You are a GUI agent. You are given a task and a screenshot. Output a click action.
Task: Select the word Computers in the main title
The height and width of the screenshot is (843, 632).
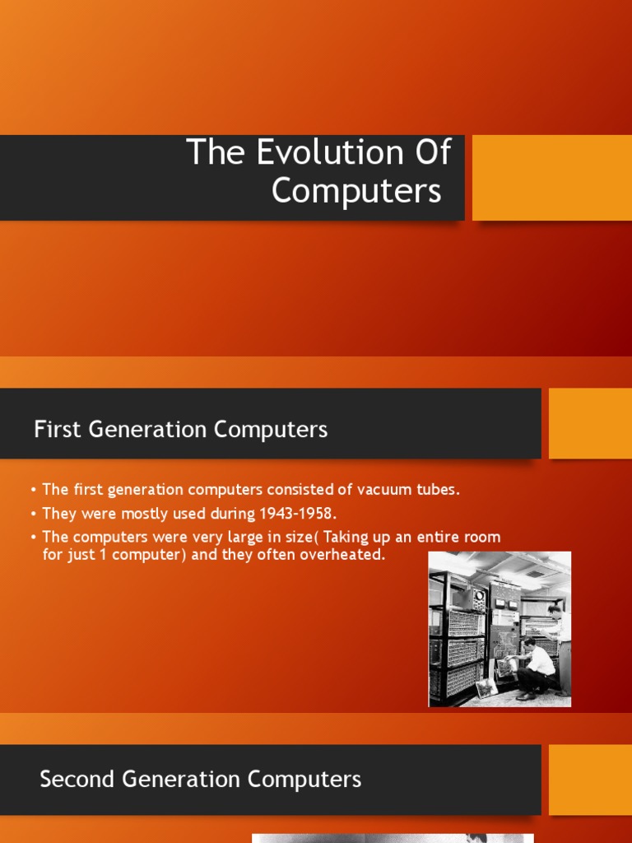(356, 191)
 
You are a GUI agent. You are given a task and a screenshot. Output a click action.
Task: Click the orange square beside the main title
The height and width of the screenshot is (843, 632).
(551, 178)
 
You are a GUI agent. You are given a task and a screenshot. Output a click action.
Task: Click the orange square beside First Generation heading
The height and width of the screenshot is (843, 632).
(589, 423)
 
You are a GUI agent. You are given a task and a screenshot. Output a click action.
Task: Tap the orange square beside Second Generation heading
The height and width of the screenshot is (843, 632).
(589, 780)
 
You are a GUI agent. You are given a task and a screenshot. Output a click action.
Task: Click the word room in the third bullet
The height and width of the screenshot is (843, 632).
(481, 538)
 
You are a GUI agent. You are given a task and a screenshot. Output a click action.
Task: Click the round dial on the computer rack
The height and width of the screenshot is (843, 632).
(479, 595)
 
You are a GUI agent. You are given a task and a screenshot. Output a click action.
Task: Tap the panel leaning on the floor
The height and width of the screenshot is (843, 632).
(487, 687)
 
